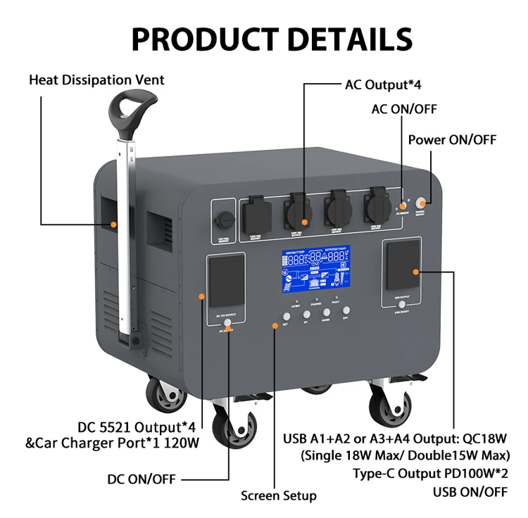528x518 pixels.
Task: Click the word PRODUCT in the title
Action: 194,39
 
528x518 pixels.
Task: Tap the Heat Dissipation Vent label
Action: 96,80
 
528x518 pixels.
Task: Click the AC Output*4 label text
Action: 382,85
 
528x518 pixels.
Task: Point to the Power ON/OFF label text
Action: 452,139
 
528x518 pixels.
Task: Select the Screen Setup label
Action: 278,495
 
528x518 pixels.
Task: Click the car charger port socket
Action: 225,215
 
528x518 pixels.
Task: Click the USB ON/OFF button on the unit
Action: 401,305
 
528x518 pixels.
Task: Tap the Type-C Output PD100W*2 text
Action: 430,472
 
